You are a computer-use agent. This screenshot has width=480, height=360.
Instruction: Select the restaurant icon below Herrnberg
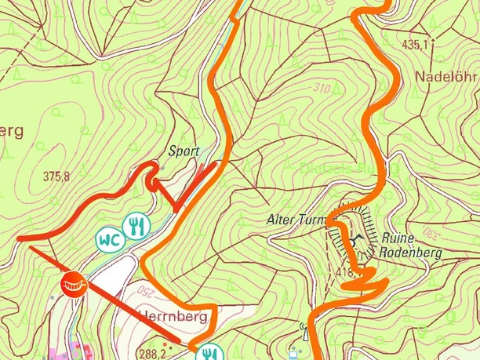pyautogui.click(x=207, y=352)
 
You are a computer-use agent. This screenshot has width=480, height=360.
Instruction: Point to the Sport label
pyautogui.click(x=184, y=151)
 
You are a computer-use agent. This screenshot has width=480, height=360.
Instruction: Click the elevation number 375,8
pyautogui.click(x=56, y=176)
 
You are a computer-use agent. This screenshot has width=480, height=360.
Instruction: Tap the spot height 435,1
pyautogui.click(x=416, y=45)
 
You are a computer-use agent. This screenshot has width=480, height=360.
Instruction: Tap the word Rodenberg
pyautogui.click(x=409, y=253)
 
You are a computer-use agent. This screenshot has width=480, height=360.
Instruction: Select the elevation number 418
pyautogui.click(x=344, y=272)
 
